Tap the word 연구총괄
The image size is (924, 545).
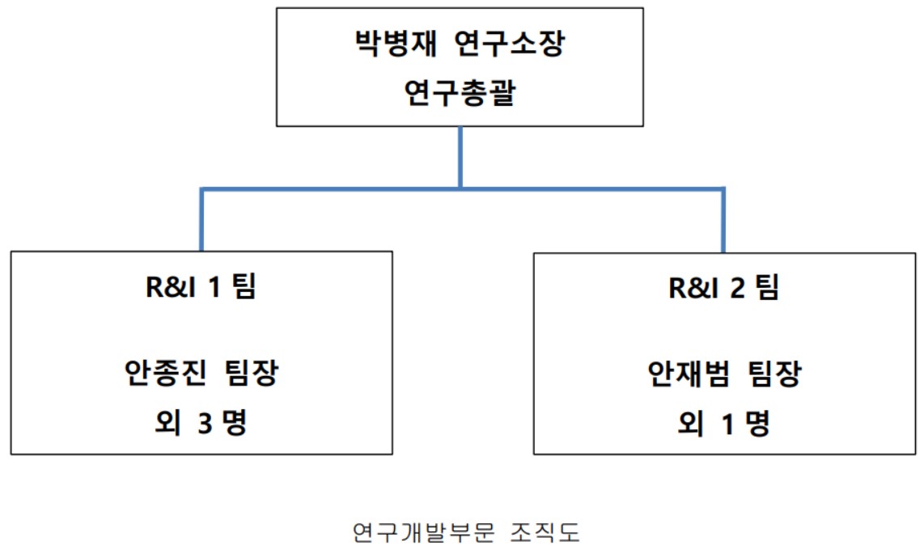pos(460,95)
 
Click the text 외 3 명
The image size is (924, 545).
pos(202,423)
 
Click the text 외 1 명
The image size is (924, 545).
pos(724,423)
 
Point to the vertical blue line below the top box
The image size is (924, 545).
pos(460,158)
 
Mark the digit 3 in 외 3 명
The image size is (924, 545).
pos(205,423)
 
